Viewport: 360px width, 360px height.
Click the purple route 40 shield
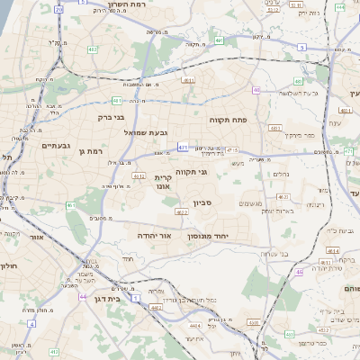pyautogui.click(x=256, y=90)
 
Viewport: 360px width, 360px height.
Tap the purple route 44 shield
pyautogui.click(x=83, y=296)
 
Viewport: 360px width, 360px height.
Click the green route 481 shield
pyautogui.click(x=117, y=100)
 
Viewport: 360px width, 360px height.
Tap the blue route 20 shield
pyautogui.click(x=59, y=8)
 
